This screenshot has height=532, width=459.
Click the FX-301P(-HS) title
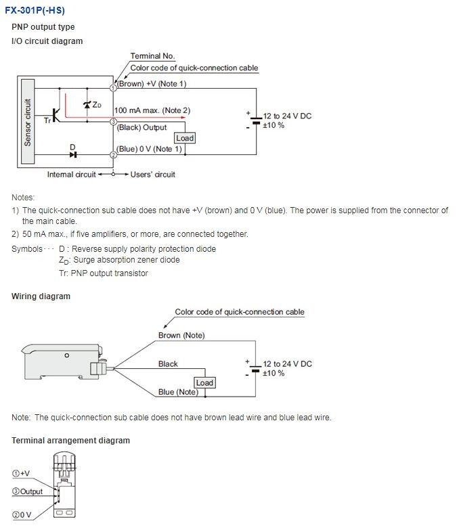35,11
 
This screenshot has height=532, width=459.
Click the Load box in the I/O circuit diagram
184,138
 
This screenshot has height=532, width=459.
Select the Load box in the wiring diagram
204,382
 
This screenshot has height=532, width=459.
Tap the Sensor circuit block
28,123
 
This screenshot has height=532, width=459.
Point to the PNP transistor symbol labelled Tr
56,114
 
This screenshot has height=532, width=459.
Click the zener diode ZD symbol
87,105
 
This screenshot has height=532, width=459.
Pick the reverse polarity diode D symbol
73,154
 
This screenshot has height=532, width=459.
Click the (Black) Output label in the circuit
141,127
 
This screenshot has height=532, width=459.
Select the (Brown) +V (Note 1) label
152,84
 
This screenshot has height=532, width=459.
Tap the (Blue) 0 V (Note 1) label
149,149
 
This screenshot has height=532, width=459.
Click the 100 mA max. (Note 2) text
152,110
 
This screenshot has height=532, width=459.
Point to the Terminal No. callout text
152,56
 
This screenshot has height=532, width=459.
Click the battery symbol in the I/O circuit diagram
255,121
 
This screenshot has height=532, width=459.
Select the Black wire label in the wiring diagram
168,364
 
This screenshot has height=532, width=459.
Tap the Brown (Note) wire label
181,335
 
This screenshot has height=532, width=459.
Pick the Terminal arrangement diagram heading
70,441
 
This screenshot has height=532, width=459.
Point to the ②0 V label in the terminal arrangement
22,515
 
